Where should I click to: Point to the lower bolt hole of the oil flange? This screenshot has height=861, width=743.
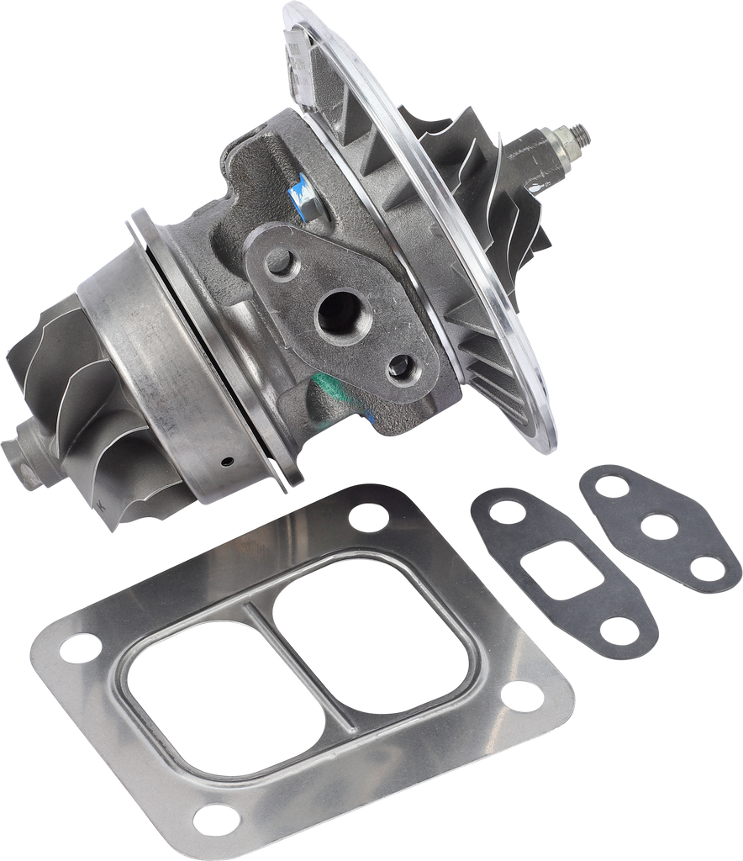coord(402,365)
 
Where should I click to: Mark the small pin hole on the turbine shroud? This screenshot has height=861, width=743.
coord(226,460)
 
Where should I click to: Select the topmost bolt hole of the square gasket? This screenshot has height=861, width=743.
coord(367,515)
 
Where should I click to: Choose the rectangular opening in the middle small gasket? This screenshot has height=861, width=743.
coord(551,564)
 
